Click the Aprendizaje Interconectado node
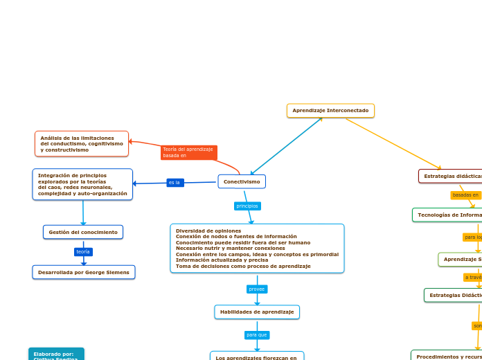click(330, 111)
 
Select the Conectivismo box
click(242, 181)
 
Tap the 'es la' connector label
click(175, 183)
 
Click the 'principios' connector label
click(247, 206)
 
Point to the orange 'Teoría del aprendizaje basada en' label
click(188, 152)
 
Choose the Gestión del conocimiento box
click(83, 232)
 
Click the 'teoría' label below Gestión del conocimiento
click(83, 252)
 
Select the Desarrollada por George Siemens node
click(84, 273)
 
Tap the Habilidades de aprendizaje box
click(257, 312)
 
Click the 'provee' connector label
click(257, 289)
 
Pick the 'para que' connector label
click(257, 335)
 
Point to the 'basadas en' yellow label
click(465, 195)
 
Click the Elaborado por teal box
click(56, 354)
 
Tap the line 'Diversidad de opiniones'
click(208, 231)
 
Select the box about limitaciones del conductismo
click(82, 144)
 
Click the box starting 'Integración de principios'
click(82, 184)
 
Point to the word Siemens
click(118, 273)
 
